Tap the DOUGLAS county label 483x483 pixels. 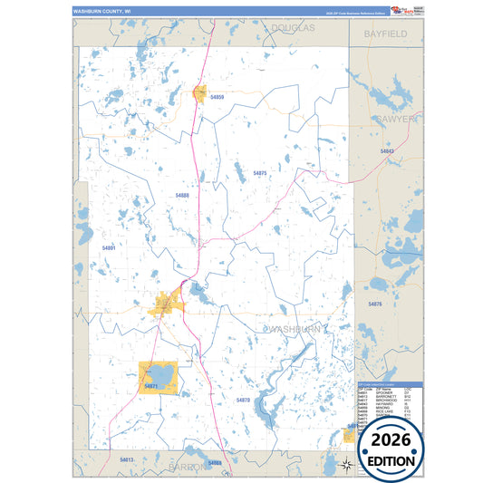[x=293, y=29]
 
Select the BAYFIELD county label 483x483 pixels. [x=386, y=34]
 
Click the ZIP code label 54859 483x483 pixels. [x=217, y=96]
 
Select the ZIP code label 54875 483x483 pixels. [x=260, y=173]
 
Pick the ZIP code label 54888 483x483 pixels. [x=182, y=196]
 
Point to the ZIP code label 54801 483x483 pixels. [x=109, y=246]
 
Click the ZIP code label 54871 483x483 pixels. [x=150, y=386]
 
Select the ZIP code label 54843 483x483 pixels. [x=388, y=150]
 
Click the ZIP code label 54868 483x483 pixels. [x=214, y=463]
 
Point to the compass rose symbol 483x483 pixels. [x=346, y=465]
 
